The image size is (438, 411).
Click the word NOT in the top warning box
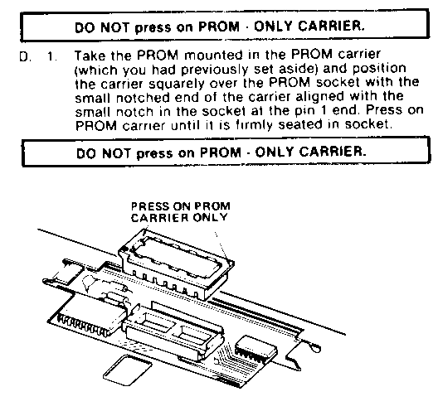(x=114, y=27)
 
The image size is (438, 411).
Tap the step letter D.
(x=24, y=57)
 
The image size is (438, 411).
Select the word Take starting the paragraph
(x=90, y=56)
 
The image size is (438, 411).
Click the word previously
(x=214, y=70)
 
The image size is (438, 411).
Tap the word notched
(x=142, y=98)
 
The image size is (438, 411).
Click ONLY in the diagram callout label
(x=210, y=217)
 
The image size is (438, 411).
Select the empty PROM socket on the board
(x=173, y=330)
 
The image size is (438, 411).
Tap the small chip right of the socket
(x=255, y=349)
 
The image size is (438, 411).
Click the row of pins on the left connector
(x=83, y=325)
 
